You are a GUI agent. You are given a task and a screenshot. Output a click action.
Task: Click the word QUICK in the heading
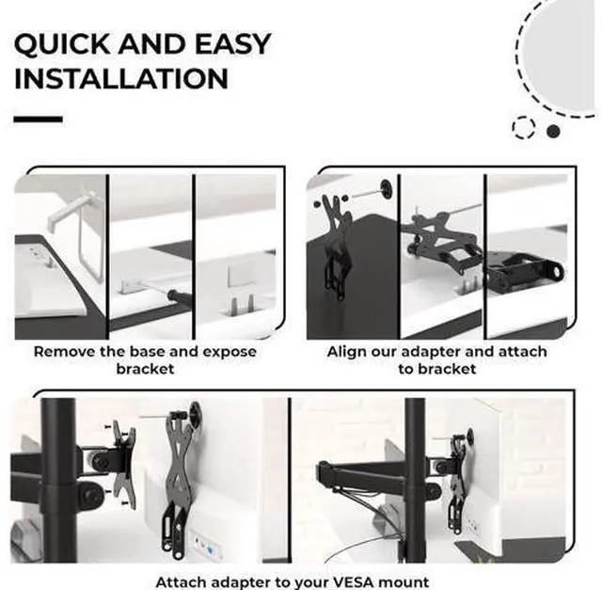click(62, 44)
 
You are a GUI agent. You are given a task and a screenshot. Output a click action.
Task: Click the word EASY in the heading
click(232, 43)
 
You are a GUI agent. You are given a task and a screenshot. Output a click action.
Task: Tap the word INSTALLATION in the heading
click(121, 79)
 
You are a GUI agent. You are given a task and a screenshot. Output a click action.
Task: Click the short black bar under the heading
click(38, 120)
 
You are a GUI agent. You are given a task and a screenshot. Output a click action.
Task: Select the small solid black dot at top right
click(553, 132)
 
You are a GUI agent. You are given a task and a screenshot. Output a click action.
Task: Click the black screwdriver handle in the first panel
click(180, 297)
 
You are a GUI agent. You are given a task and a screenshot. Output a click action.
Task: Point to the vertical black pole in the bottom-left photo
click(58, 480)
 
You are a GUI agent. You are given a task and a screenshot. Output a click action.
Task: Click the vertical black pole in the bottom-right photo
click(415, 480)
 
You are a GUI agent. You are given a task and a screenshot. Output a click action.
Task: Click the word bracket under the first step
click(145, 369)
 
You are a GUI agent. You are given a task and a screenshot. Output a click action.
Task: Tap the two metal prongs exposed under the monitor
click(242, 305)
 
